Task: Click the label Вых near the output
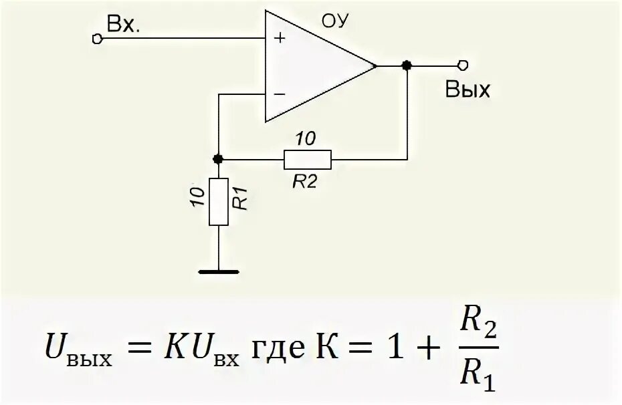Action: tap(468, 90)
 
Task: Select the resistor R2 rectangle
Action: tap(307, 159)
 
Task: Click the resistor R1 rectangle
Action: tap(217, 201)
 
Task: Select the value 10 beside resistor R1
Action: tap(196, 199)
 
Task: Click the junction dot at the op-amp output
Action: tap(406, 65)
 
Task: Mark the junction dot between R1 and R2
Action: tap(217, 159)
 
